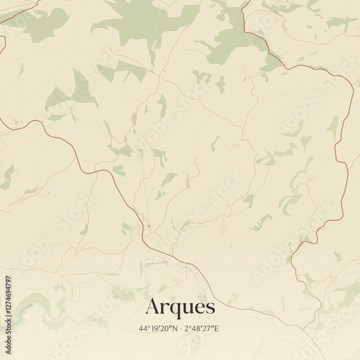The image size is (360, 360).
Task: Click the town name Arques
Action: tap(180, 307)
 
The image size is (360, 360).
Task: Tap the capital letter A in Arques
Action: tap(153, 306)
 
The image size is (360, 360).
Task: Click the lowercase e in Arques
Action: tap(198, 307)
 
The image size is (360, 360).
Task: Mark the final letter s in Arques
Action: tap(209, 307)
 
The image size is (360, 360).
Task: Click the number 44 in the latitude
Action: tap(144, 329)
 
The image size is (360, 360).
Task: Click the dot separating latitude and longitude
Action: tap(183, 329)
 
